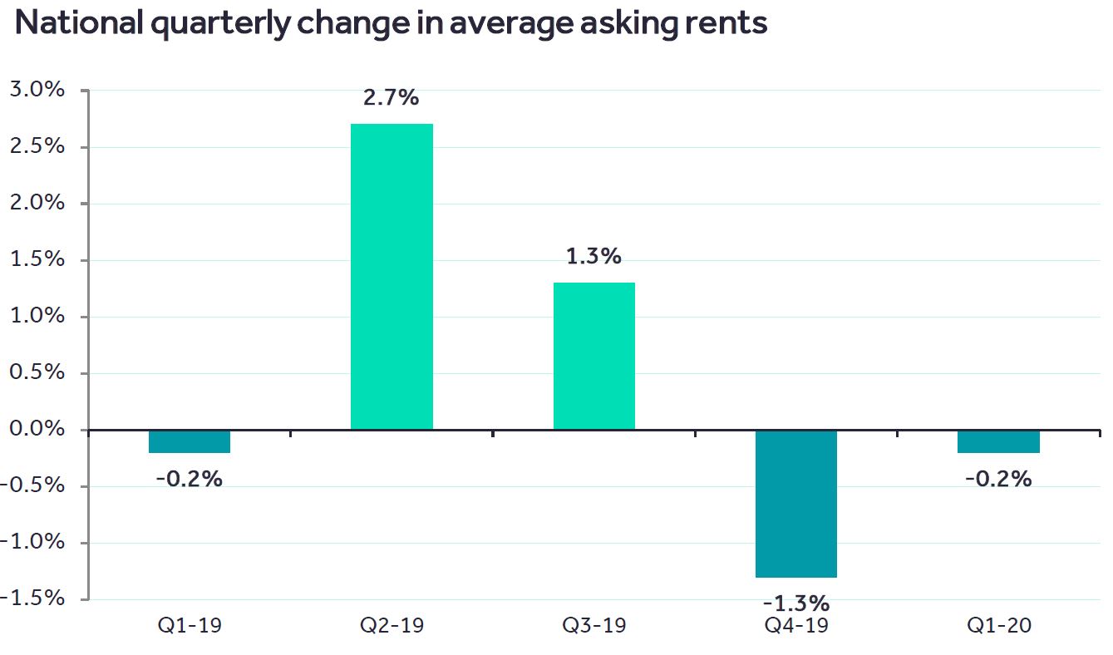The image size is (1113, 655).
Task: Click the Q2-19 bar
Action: click(392, 276)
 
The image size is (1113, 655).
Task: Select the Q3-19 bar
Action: click(593, 356)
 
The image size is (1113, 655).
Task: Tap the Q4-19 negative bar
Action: click(795, 504)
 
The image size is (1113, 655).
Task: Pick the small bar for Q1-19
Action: click(190, 441)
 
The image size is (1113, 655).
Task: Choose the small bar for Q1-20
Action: click(998, 441)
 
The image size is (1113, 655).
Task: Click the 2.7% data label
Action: click(391, 98)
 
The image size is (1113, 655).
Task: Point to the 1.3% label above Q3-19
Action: click(593, 257)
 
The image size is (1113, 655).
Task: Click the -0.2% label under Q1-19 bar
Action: click(190, 479)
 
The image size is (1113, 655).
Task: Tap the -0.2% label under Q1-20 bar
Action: click(998, 479)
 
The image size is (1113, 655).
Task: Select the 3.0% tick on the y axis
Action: click(37, 90)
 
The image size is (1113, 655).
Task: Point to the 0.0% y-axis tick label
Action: click(37, 429)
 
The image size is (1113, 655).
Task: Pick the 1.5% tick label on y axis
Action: click(37, 259)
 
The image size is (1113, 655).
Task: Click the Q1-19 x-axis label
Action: click(190, 626)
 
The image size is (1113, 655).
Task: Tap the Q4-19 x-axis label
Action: click(795, 626)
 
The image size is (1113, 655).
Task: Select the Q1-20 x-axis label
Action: click(998, 626)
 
